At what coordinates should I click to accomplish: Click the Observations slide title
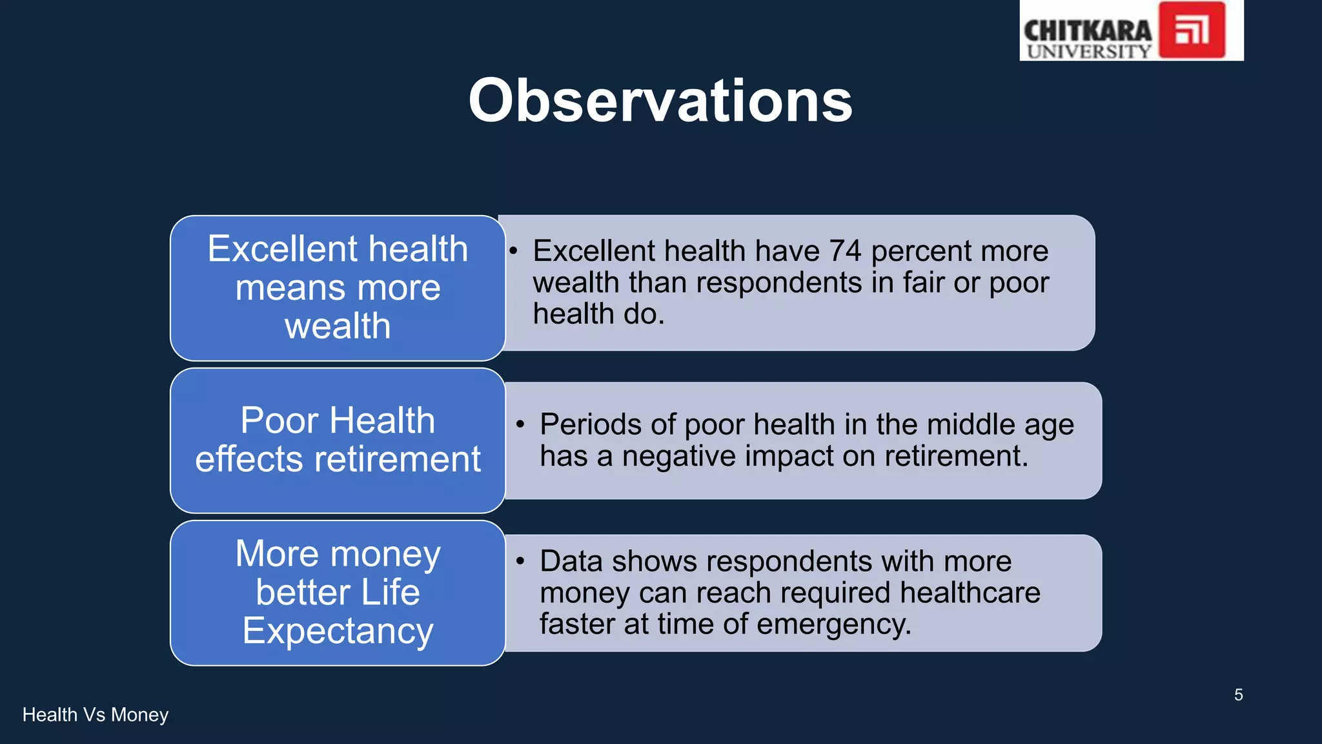pyautogui.click(x=660, y=101)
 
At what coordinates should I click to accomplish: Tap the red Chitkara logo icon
pyautogui.click(x=1192, y=30)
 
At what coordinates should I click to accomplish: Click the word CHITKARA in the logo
pyautogui.click(x=1088, y=30)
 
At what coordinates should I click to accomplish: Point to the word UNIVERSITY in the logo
pyautogui.click(x=1089, y=51)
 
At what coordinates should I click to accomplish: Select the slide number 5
pyautogui.click(x=1238, y=695)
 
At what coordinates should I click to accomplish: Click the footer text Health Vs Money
pyautogui.click(x=96, y=715)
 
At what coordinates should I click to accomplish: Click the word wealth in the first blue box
pyautogui.click(x=338, y=326)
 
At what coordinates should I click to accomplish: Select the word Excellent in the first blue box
pyautogui.click(x=282, y=249)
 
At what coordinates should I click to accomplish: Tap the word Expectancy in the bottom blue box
pyautogui.click(x=338, y=631)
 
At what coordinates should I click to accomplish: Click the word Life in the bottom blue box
pyautogui.click(x=390, y=592)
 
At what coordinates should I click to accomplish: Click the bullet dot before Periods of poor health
pyautogui.click(x=520, y=424)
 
